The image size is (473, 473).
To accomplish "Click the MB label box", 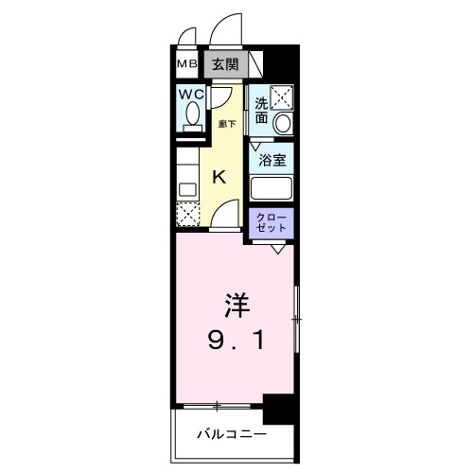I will (186, 65).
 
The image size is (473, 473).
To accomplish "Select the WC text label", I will (192, 96).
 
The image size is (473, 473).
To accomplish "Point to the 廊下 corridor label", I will (227, 123).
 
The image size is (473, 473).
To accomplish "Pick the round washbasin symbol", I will (282, 123).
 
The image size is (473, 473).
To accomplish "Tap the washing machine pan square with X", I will (282, 96).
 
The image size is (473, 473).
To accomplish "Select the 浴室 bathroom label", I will (272, 161).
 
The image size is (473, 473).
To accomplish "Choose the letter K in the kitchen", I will (219, 176).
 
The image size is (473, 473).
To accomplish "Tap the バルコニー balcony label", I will (232, 436).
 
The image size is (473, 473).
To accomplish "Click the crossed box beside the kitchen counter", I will (188, 215).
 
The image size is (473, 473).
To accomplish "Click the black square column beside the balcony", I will (280, 408).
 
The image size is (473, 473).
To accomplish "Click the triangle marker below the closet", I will (278, 249).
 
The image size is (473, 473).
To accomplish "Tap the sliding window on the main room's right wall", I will (295, 322).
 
